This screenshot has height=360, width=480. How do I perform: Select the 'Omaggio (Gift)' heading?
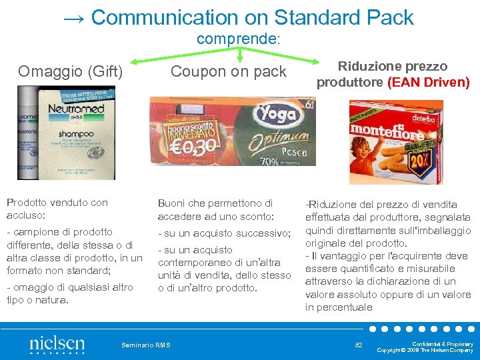click(x=71, y=71)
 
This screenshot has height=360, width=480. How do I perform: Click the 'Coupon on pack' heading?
click(x=229, y=71)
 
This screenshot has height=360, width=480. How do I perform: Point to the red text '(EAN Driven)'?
click(x=429, y=83)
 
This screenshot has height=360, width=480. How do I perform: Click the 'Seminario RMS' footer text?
click(x=146, y=345)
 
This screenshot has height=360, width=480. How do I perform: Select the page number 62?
click(x=359, y=345)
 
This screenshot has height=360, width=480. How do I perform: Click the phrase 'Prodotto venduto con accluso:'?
click(x=57, y=209)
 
